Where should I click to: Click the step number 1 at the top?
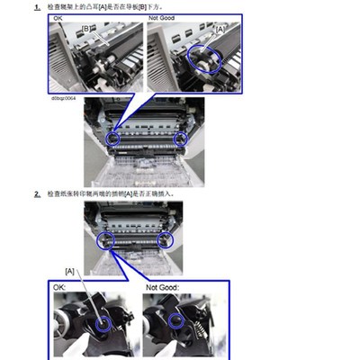coord(37,7)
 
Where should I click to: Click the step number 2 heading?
coord(37,193)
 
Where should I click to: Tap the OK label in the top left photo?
coord(56,17)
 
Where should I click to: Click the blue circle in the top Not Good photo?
coord(205,59)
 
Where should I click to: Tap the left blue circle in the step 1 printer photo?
coord(113,139)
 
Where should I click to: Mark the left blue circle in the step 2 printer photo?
coord(104,239)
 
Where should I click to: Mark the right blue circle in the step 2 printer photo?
coord(166,239)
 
